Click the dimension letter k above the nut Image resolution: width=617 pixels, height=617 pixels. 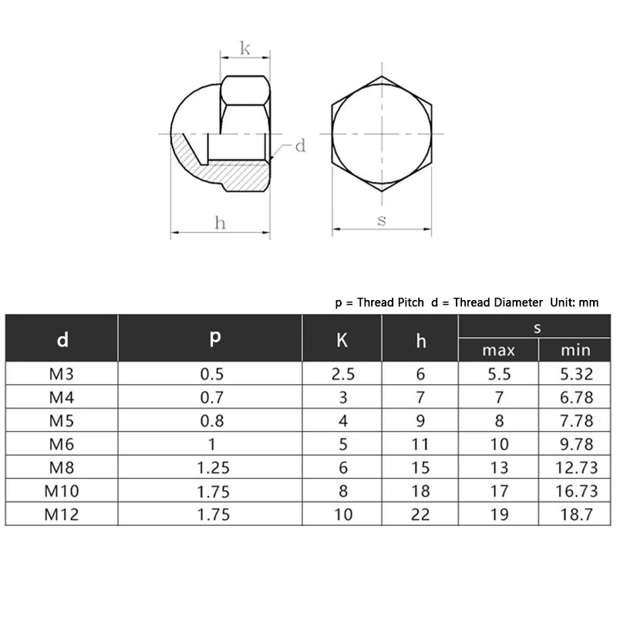[x=244, y=49]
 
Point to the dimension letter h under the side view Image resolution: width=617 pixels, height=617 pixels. [x=220, y=223]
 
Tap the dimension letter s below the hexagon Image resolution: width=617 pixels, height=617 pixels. [x=381, y=221]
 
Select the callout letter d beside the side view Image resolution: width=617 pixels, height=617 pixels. [x=300, y=146]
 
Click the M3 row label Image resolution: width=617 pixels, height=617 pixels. [x=62, y=374]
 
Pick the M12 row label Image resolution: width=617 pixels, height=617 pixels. [x=62, y=514]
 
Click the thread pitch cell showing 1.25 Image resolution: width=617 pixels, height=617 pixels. [x=213, y=467]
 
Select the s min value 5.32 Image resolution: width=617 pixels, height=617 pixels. [x=576, y=374]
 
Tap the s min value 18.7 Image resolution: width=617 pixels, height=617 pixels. [x=576, y=514]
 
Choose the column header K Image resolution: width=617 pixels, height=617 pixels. [x=342, y=340]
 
